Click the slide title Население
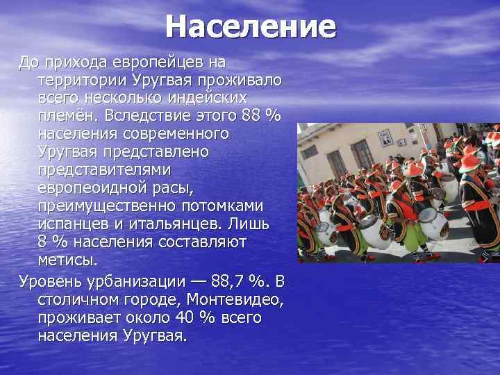pos(250,28)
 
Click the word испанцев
pos(73,224)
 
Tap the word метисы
pos(68,260)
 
